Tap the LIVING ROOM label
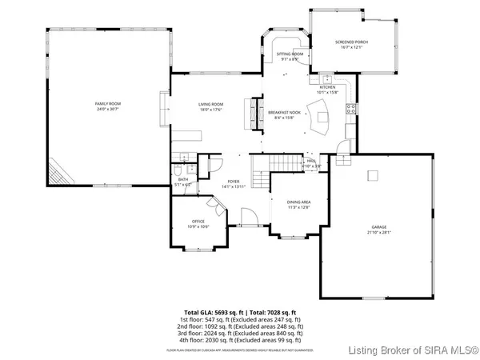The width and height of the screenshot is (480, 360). click(x=210, y=104)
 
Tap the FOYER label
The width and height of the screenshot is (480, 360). click(x=234, y=181)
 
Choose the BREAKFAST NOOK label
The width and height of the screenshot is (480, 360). click(x=283, y=113)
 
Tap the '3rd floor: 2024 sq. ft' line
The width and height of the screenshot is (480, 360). click(x=240, y=332)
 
